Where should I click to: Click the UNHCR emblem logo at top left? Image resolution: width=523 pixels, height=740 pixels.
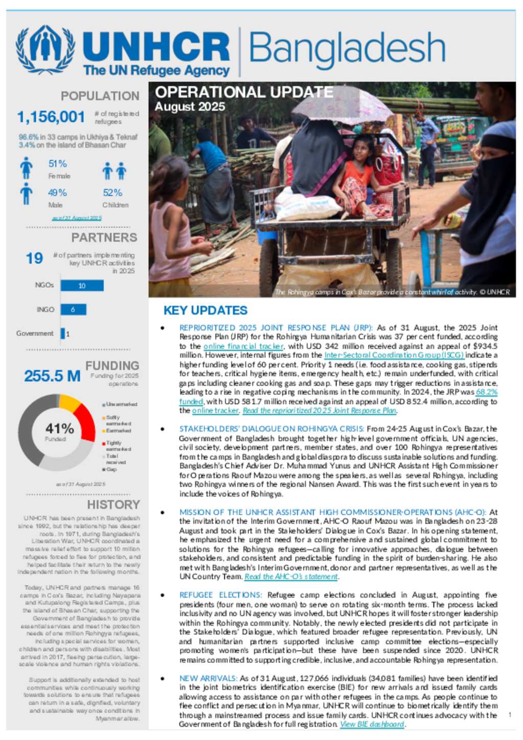click(45, 50)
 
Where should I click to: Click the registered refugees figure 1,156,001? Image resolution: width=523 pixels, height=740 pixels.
click(51, 117)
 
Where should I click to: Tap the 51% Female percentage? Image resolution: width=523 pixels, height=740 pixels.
click(58, 164)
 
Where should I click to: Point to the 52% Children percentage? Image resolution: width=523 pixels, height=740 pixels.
click(112, 193)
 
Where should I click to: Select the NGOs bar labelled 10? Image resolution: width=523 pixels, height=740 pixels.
click(82, 285)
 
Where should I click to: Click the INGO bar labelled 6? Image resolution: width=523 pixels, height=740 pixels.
click(73, 309)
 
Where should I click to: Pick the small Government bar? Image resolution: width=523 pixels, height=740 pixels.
click(63, 333)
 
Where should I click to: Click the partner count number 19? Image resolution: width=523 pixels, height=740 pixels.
click(34, 258)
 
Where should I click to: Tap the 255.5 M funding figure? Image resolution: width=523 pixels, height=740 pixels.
click(52, 376)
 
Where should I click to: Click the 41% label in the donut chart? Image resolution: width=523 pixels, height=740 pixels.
click(59, 428)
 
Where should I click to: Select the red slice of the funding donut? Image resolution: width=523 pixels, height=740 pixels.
click(86, 422)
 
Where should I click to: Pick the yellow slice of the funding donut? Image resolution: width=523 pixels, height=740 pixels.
click(69, 402)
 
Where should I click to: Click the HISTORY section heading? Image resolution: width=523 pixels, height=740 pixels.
click(113, 505)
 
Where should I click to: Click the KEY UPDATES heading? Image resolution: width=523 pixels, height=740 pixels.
click(205, 311)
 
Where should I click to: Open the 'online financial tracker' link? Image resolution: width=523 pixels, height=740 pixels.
click(243, 346)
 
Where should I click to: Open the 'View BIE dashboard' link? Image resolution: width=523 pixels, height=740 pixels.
click(372, 724)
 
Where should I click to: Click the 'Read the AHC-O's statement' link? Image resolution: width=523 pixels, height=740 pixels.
click(291, 577)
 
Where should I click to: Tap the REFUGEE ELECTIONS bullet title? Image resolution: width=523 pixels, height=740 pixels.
click(220, 595)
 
